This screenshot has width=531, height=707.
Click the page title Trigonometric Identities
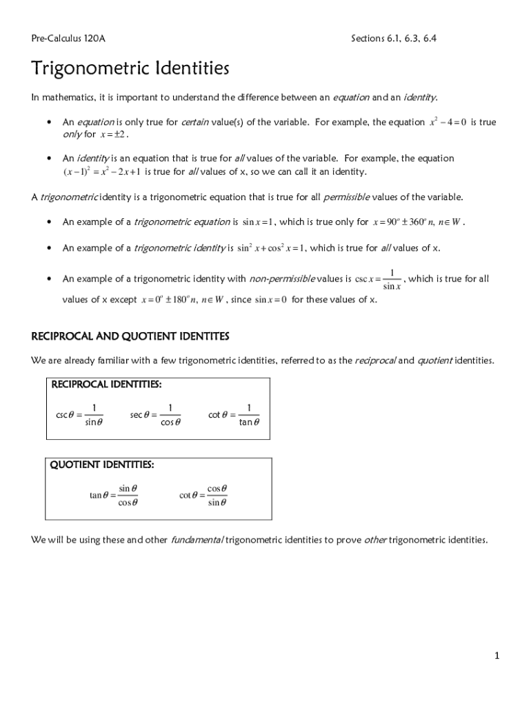pos(130,69)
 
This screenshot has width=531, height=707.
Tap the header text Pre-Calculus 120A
pos(68,39)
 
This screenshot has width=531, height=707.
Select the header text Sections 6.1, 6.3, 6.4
pos(393,39)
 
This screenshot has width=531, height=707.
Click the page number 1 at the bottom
pos(496,655)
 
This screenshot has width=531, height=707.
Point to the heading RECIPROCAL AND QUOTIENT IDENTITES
pos(130,336)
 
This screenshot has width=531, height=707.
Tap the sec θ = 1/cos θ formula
pos(155,415)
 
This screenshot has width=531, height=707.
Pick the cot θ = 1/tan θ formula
pos(234,415)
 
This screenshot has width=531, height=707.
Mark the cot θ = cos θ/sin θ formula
pos(203,495)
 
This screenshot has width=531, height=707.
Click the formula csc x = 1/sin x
pos(377,280)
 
